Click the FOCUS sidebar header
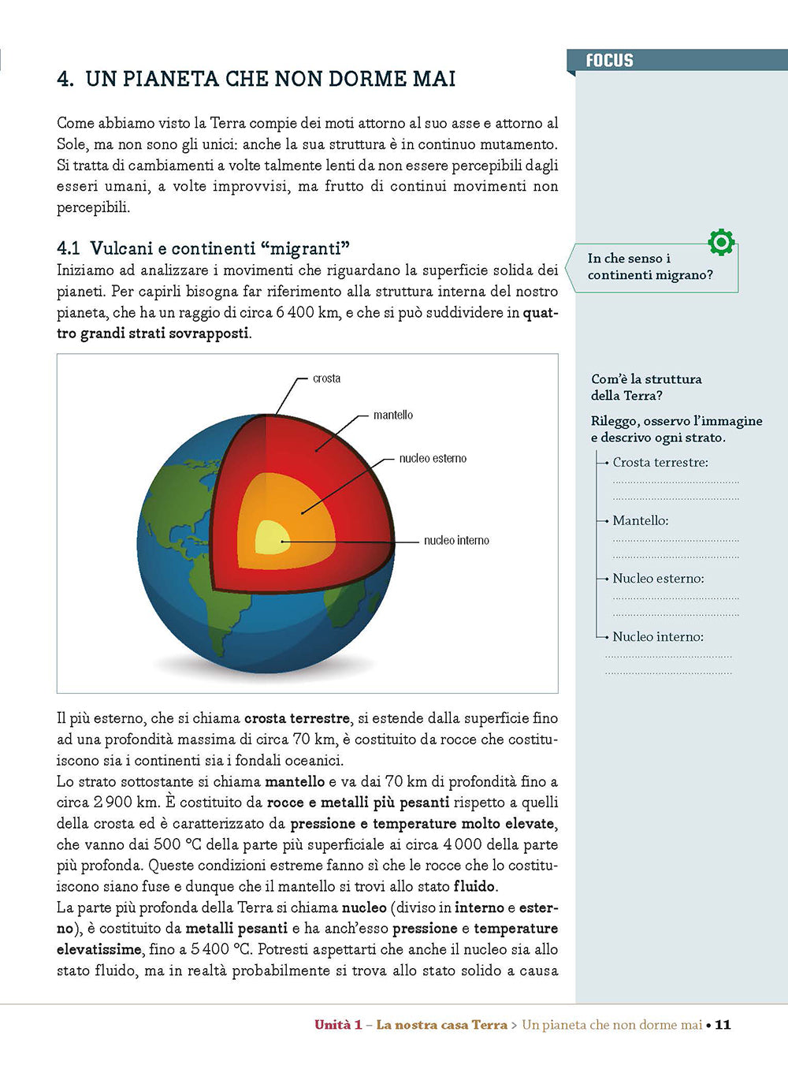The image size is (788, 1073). pos(609,61)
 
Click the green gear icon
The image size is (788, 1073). pos(721,242)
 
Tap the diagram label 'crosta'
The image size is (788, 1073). pos(326,378)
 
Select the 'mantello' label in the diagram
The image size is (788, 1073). pos(392,415)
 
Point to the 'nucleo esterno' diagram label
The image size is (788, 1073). pos(433,458)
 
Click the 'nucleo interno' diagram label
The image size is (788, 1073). pos(456,540)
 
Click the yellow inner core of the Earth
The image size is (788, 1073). pos(271,538)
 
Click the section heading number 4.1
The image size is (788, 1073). pos(69,248)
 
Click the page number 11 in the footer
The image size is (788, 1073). pos(723,1025)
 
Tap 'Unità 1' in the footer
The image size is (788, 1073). pos(338,1025)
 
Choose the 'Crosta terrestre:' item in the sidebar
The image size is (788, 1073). pos(660,462)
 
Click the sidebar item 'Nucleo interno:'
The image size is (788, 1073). pos(658,636)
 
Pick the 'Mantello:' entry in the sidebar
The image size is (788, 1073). pos(641,520)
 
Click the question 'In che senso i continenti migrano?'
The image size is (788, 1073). pos(649,266)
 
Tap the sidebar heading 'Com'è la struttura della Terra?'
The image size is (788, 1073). pos(646,387)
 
